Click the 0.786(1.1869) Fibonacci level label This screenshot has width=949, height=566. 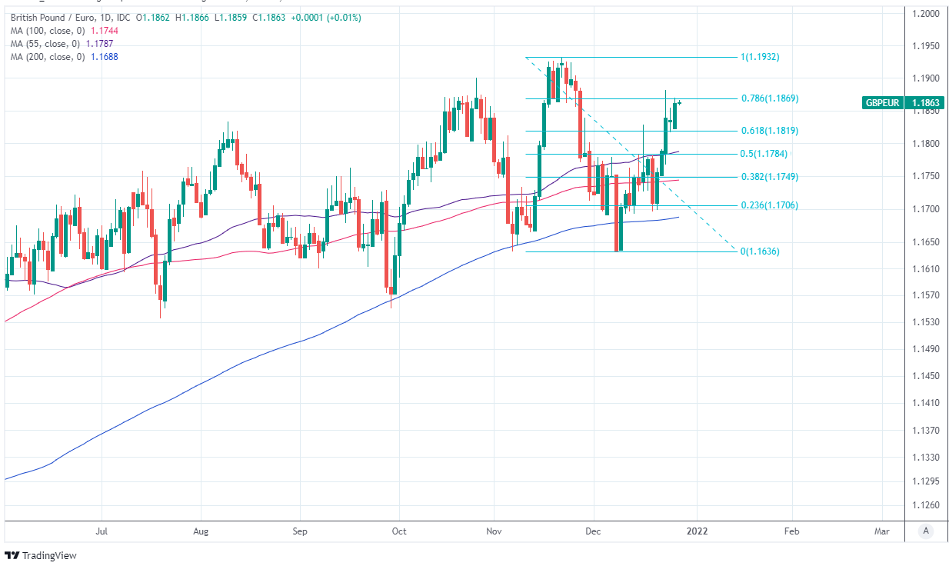(x=770, y=98)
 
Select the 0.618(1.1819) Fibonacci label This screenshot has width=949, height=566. (x=770, y=131)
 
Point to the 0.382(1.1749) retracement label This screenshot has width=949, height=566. (x=770, y=177)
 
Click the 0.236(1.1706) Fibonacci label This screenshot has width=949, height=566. (x=770, y=205)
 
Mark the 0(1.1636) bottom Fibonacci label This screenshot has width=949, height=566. (x=759, y=251)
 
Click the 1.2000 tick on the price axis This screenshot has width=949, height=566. (x=925, y=14)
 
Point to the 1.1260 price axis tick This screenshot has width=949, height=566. (x=925, y=505)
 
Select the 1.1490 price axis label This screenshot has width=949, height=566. (x=925, y=349)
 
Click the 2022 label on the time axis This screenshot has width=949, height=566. (x=697, y=531)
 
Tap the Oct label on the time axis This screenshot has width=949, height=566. (x=398, y=531)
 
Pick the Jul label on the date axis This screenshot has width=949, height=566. (x=102, y=531)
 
